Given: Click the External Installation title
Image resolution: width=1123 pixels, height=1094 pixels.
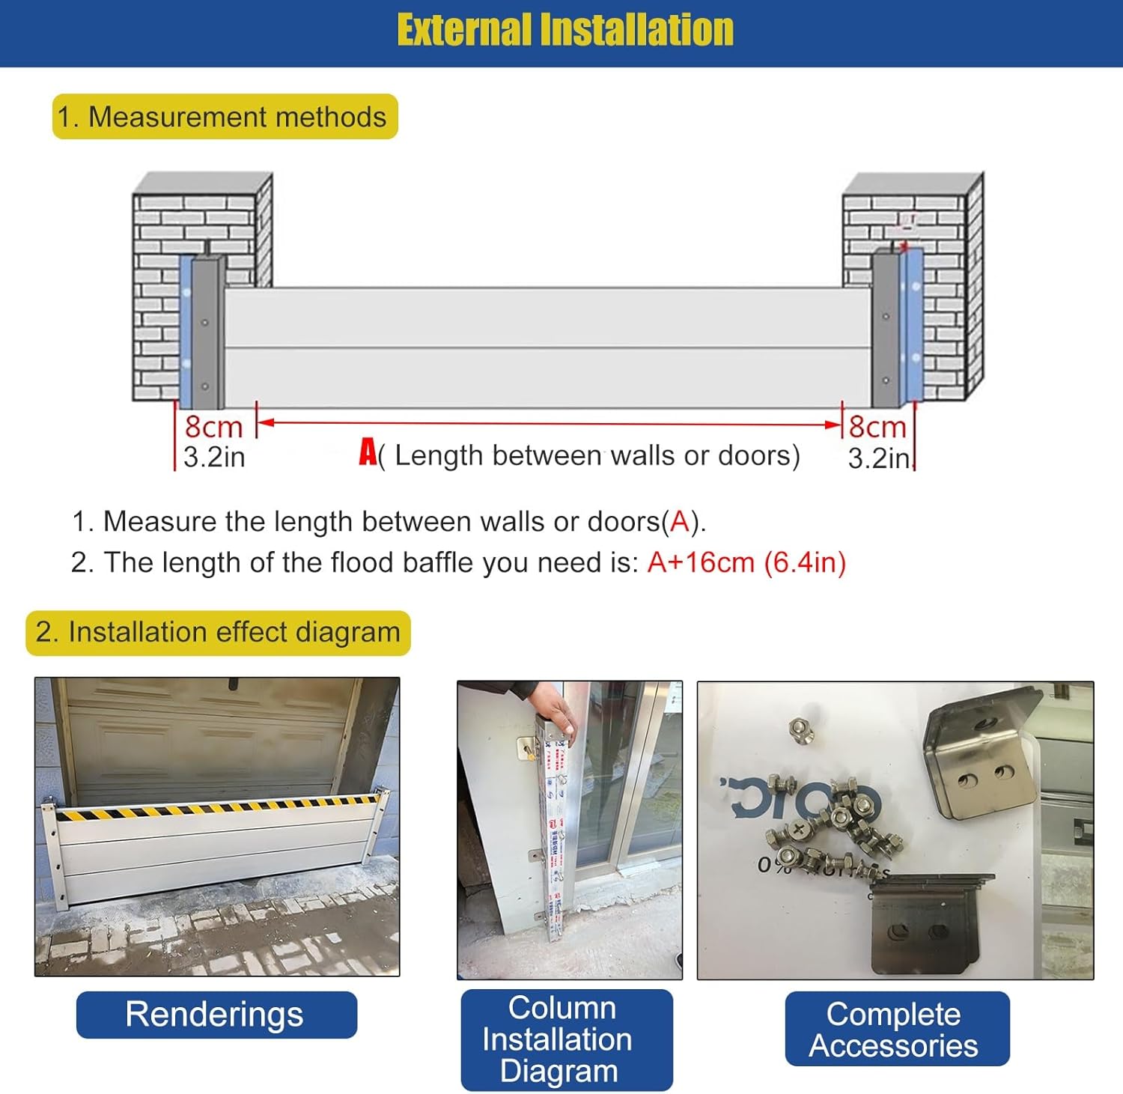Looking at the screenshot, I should (x=565, y=31).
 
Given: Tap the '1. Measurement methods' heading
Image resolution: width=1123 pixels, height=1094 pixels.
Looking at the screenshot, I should (x=225, y=117).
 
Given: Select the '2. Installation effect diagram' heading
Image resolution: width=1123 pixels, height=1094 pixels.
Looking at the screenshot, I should (x=218, y=633).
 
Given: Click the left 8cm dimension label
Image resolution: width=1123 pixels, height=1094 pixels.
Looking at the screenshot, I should (x=213, y=427).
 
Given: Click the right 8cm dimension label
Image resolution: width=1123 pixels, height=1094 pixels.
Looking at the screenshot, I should (x=877, y=427).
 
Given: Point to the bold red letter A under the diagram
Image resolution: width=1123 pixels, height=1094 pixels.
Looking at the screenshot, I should (x=368, y=452).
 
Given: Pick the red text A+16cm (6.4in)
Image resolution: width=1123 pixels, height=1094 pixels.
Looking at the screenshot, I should (x=746, y=562).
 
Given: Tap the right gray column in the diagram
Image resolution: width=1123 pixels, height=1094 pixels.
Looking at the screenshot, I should (x=886, y=329).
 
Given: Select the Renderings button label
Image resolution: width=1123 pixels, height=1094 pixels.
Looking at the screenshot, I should (x=216, y=1015).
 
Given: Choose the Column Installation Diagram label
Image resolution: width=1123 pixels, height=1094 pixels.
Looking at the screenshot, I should (x=565, y=1039).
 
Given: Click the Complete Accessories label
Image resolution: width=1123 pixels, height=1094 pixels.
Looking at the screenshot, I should (x=895, y=1030).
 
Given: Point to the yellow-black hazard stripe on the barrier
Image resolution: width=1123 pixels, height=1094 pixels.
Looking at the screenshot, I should (x=217, y=808).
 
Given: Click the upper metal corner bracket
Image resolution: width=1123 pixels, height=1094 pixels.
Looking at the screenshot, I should (x=981, y=756).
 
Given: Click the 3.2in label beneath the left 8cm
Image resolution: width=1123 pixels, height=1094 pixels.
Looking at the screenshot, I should (x=214, y=457).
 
